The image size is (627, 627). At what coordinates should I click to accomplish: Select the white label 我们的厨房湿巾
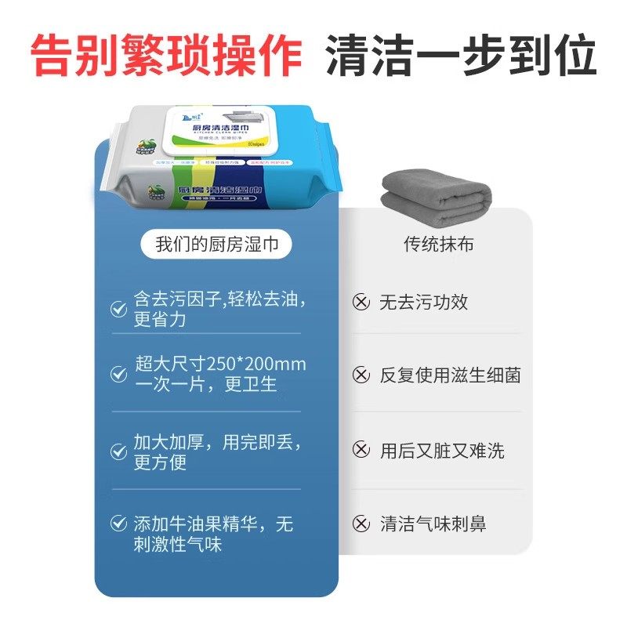tap(217, 244)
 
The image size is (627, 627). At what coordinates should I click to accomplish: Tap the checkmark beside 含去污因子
tap(118, 310)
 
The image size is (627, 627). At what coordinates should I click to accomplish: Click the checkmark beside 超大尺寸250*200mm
tap(118, 374)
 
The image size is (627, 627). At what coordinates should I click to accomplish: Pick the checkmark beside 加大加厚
tap(118, 451)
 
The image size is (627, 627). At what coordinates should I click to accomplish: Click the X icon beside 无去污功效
tap(361, 303)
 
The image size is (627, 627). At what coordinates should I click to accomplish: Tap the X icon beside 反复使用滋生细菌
tap(361, 375)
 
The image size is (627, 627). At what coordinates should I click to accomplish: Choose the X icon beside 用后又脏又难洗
tap(361, 450)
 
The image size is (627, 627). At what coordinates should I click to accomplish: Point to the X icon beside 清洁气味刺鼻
tap(361, 524)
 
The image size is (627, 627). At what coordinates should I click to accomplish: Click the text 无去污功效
tap(423, 303)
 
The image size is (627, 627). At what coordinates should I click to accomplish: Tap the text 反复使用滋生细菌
tap(450, 375)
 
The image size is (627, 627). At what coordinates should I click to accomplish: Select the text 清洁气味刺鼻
tap(433, 524)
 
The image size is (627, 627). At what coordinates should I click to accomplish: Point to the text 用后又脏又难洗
tap(442, 451)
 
